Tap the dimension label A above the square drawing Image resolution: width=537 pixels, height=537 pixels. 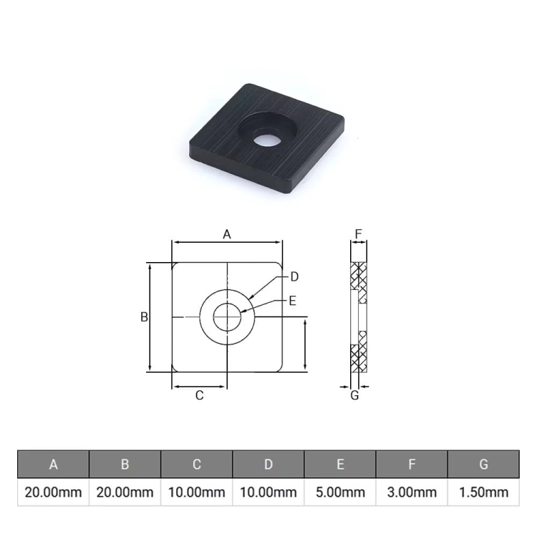(227, 235)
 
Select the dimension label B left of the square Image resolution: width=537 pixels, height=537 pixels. (144, 317)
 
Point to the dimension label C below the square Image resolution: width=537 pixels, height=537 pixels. (199, 395)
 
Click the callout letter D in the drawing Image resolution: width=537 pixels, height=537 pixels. (294, 276)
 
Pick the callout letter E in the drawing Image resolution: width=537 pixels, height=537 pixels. (292, 301)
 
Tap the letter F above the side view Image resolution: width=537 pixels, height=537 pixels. (358, 234)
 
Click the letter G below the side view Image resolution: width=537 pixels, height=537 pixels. (355, 395)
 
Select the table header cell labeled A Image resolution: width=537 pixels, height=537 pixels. (54, 465)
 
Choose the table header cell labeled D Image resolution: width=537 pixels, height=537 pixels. (268, 465)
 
